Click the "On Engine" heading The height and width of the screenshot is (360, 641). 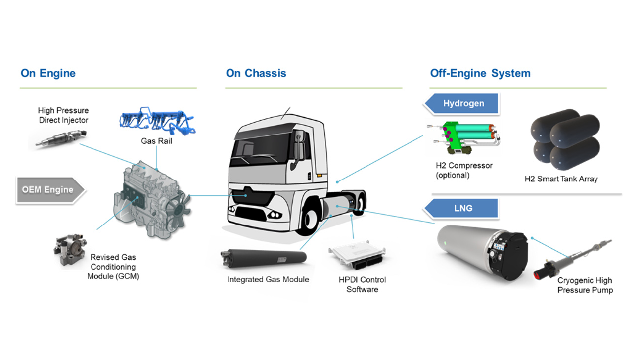pos(48,74)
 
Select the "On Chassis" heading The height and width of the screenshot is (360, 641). pos(256,74)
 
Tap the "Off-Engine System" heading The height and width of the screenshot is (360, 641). pos(480,74)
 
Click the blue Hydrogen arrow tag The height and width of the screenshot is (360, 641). pos(462,104)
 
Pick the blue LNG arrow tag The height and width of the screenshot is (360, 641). pos(462,208)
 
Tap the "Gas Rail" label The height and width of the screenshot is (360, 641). pos(156,141)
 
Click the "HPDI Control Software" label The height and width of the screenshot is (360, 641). pos(362,284)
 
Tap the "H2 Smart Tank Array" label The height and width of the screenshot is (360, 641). pos(561,179)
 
